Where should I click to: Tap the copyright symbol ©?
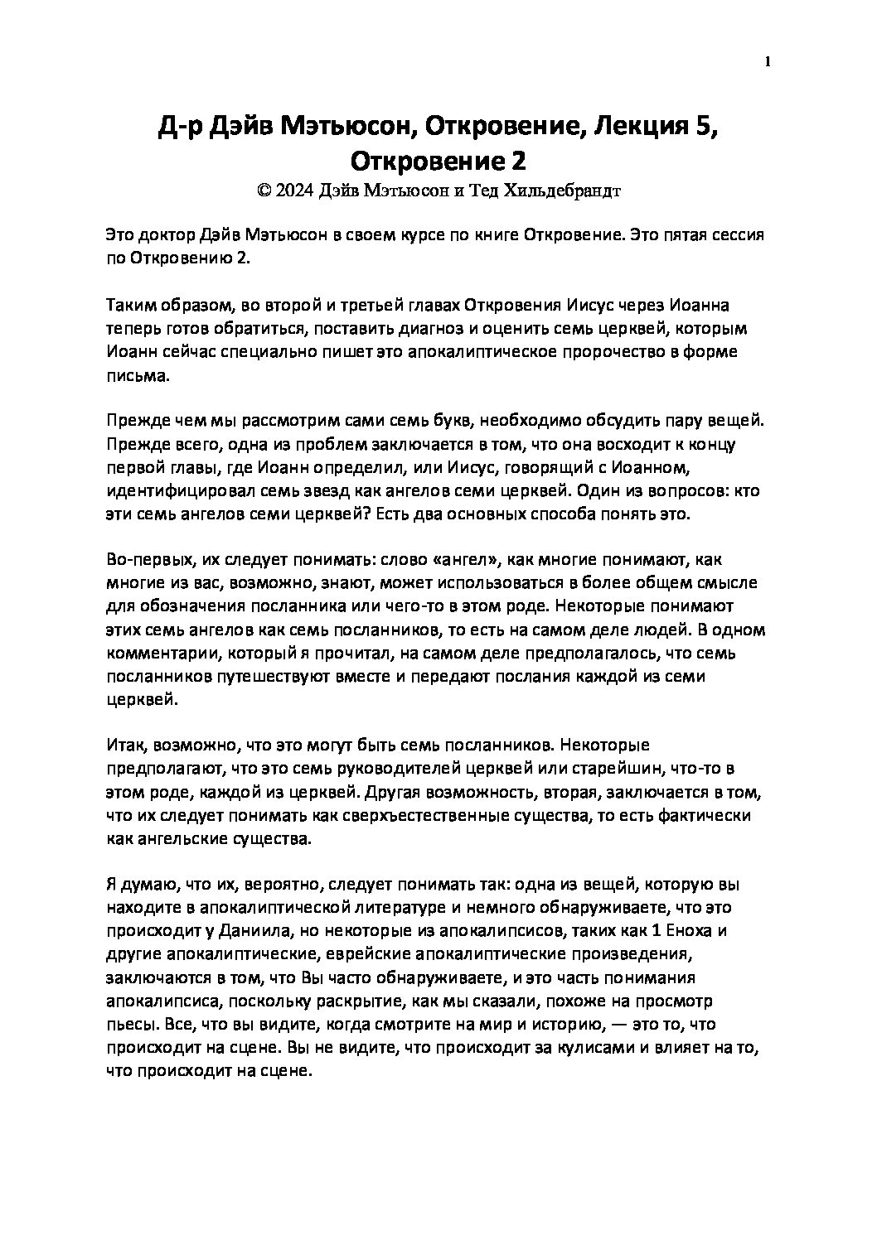point(264,190)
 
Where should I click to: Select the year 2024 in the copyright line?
point(294,190)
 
